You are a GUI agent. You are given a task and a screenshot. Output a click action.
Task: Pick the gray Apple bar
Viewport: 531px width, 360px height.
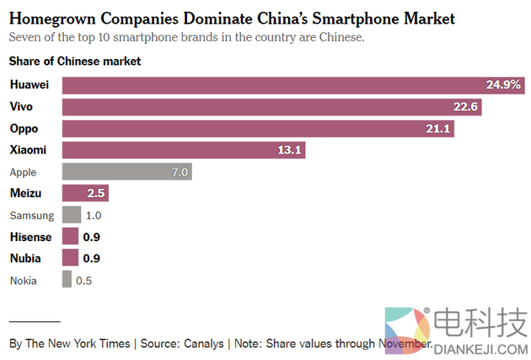(x=127, y=172)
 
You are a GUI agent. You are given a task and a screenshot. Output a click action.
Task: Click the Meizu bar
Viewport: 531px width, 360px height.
(x=85, y=193)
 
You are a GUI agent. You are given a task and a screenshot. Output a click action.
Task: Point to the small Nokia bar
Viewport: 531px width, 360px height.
(x=67, y=280)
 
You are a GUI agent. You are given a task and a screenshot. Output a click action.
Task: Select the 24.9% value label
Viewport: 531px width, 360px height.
(x=504, y=85)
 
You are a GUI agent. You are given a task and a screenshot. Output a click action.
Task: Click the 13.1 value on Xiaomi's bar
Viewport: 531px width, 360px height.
(x=287, y=150)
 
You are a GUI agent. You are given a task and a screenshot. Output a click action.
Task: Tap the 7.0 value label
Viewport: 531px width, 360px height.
(x=180, y=172)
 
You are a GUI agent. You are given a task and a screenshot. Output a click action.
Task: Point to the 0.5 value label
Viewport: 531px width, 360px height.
(x=84, y=280)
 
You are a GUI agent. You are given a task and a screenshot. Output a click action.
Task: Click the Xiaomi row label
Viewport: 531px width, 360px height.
(x=29, y=150)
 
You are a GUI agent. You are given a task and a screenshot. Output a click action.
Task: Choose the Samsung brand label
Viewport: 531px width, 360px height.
(x=31, y=215)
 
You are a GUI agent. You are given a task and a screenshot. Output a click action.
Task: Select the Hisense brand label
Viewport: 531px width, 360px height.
(x=30, y=237)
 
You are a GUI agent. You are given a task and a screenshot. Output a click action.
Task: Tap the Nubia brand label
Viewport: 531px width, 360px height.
(x=26, y=259)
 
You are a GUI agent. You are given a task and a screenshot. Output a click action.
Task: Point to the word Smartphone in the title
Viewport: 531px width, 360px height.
(x=363, y=18)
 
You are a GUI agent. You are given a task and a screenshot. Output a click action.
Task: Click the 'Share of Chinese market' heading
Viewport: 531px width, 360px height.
(x=75, y=62)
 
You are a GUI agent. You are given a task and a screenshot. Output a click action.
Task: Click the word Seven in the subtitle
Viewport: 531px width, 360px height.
(x=24, y=37)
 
